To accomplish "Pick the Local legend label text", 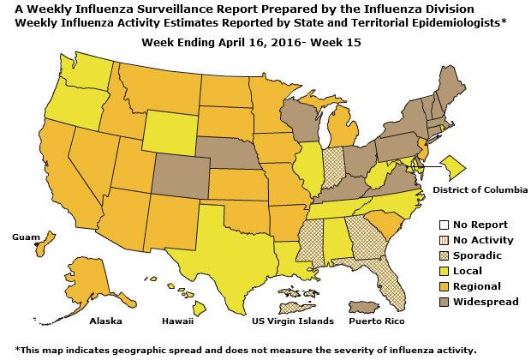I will click(x=467, y=271).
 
